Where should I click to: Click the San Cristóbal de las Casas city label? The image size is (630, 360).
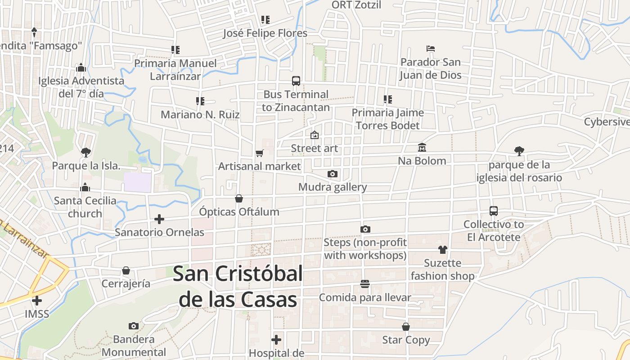click(238, 286)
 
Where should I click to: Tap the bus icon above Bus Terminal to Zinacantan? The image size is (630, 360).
click(296, 81)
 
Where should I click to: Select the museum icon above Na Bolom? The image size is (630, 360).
click(422, 147)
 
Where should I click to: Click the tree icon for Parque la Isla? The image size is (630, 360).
click(86, 152)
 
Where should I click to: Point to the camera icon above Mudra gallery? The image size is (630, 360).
click(333, 174)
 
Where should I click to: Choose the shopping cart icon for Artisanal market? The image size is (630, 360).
click(259, 153)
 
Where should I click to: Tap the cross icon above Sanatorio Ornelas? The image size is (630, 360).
click(159, 219)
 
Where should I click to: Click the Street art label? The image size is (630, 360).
click(314, 148)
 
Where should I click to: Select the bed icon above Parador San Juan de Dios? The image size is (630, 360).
click(431, 49)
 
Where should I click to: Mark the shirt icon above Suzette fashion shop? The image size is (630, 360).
click(442, 250)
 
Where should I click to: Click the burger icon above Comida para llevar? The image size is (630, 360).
click(365, 284)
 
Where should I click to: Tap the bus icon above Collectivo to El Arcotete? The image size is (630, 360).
click(494, 211)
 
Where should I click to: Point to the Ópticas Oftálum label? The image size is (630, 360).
click(239, 211)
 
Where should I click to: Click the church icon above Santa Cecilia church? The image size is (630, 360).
click(85, 188)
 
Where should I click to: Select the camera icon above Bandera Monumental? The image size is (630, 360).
click(134, 326)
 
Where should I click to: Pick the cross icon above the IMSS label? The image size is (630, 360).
click(37, 300)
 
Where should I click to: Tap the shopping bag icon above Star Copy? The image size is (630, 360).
click(406, 327)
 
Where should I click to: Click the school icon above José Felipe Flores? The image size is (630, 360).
click(265, 20)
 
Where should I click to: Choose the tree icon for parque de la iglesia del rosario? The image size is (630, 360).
click(519, 151)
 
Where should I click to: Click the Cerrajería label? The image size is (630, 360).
click(126, 284)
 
